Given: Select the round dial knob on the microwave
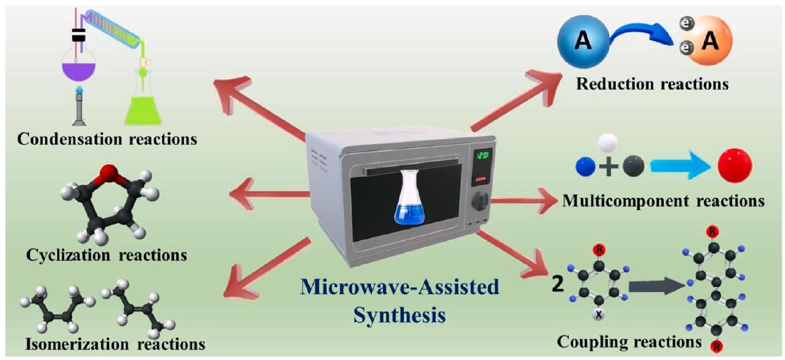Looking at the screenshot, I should [481, 201].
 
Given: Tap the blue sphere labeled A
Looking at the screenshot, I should [583, 39].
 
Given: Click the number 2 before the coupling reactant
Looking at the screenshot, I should [558, 285].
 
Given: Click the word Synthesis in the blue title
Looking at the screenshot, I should [399, 315].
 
